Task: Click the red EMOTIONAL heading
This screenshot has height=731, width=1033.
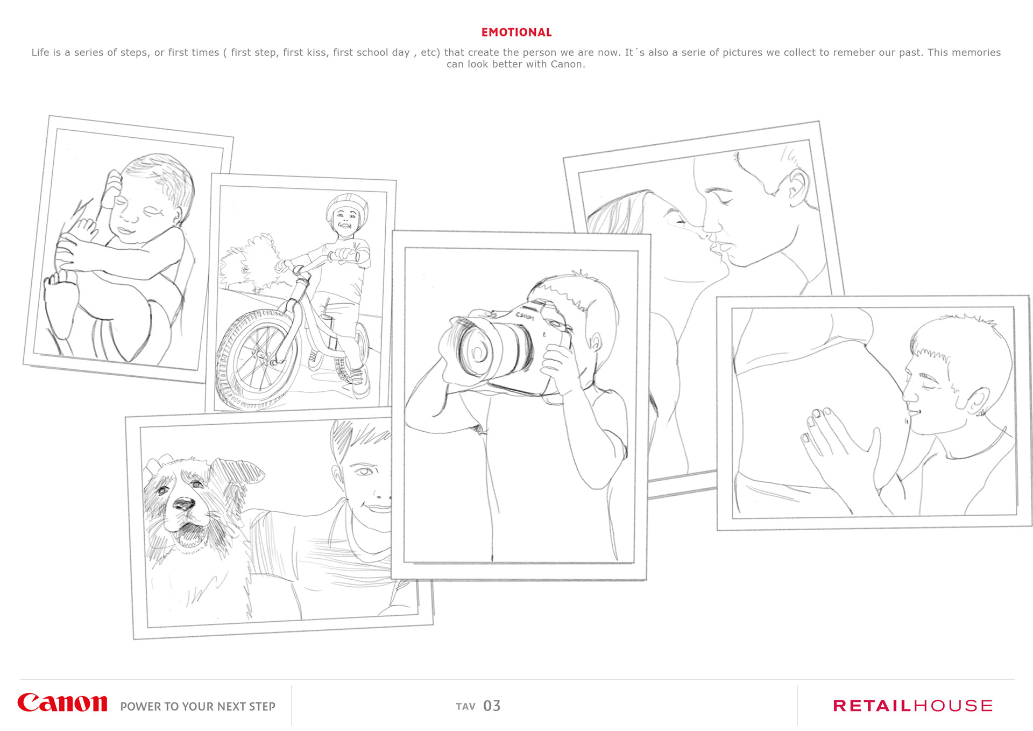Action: pyautogui.click(x=516, y=32)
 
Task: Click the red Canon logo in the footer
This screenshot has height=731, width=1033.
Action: pyautogui.click(x=62, y=703)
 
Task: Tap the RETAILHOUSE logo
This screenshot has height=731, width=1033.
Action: pyautogui.click(x=912, y=706)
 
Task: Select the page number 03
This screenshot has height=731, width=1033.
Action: pyautogui.click(x=492, y=706)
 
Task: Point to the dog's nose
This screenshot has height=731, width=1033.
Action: pyautogui.click(x=183, y=504)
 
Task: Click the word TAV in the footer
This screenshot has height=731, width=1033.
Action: pyautogui.click(x=466, y=707)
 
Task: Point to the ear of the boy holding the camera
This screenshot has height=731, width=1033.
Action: pyautogui.click(x=596, y=341)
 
